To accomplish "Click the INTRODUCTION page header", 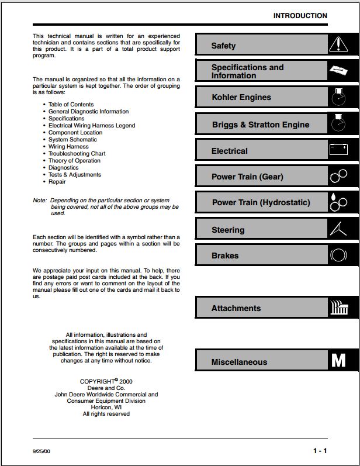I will tap(300, 16).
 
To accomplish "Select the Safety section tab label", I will tap(223, 46).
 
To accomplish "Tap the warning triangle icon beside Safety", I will tap(338, 44).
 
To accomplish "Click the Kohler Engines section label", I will tap(241, 97).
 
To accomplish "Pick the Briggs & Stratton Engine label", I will tap(260, 125).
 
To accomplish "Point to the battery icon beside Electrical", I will tap(338, 150).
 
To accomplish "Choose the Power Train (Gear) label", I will tap(247, 177).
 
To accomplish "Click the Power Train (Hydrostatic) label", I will tap(261, 203).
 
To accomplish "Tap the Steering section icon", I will tap(338, 229).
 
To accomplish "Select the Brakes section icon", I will tap(338, 256).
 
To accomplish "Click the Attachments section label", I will tap(236, 308).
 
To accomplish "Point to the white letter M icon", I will tap(338, 360).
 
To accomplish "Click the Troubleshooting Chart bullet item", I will tap(77, 154).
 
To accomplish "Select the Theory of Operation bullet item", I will tap(74, 161).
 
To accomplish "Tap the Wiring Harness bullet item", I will tap(68, 147).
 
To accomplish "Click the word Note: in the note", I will tap(40, 201).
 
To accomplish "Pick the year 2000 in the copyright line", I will tap(126, 381).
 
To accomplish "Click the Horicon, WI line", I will tap(106, 407).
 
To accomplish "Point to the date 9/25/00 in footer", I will tap(41, 452).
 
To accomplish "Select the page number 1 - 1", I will tap(320, 451).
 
